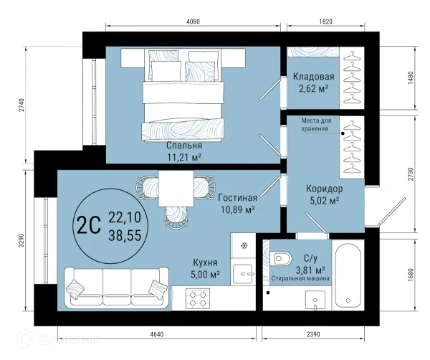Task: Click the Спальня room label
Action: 184,145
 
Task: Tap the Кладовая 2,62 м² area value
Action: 314,89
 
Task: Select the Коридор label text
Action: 324,189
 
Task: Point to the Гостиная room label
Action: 238,197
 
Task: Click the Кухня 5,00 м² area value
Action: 205,274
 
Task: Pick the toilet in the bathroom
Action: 280,258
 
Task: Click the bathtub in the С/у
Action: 348,275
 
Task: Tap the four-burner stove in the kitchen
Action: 198,298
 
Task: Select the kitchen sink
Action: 243,274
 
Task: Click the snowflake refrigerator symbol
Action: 244,245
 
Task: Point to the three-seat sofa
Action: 117,288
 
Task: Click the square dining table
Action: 176,189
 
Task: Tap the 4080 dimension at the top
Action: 193,22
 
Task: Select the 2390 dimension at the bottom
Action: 313,334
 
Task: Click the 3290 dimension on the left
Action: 21,240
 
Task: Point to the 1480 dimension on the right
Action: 410,78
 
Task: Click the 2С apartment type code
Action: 89,225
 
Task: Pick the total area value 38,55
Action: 125,235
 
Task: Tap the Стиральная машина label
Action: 300,278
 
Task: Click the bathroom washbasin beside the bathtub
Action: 315,300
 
